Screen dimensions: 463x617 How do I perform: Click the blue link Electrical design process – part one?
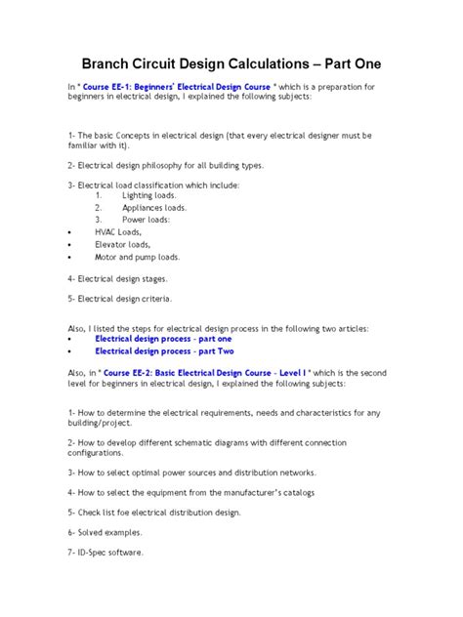pyautogui.click(x=163, y=339)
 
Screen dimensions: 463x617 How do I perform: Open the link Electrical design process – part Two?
pyautogui.click(x=164, y=351)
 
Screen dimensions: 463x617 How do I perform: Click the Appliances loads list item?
pyautogui.click(x=154, y=208)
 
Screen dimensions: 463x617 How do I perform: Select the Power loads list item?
pyautogui.click(x=146, y=220)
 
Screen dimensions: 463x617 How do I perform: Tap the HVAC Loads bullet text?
pyautogui.click(x=118, y=232)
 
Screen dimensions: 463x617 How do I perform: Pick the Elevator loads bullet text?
pyautogui.click(x=122, y=245)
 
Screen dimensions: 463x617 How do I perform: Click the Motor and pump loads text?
pyautogui.click(x=137, y=258)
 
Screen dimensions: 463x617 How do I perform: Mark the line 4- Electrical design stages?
pyautogui.click(x=119, y=278)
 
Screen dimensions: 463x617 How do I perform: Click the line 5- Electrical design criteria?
pyautogui.click(x=120, y=299)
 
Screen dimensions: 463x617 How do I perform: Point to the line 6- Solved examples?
pyautogui.click(x=105, y=532)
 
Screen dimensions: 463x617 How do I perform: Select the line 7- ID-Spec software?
pyautogui.click(x=105, y=553)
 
